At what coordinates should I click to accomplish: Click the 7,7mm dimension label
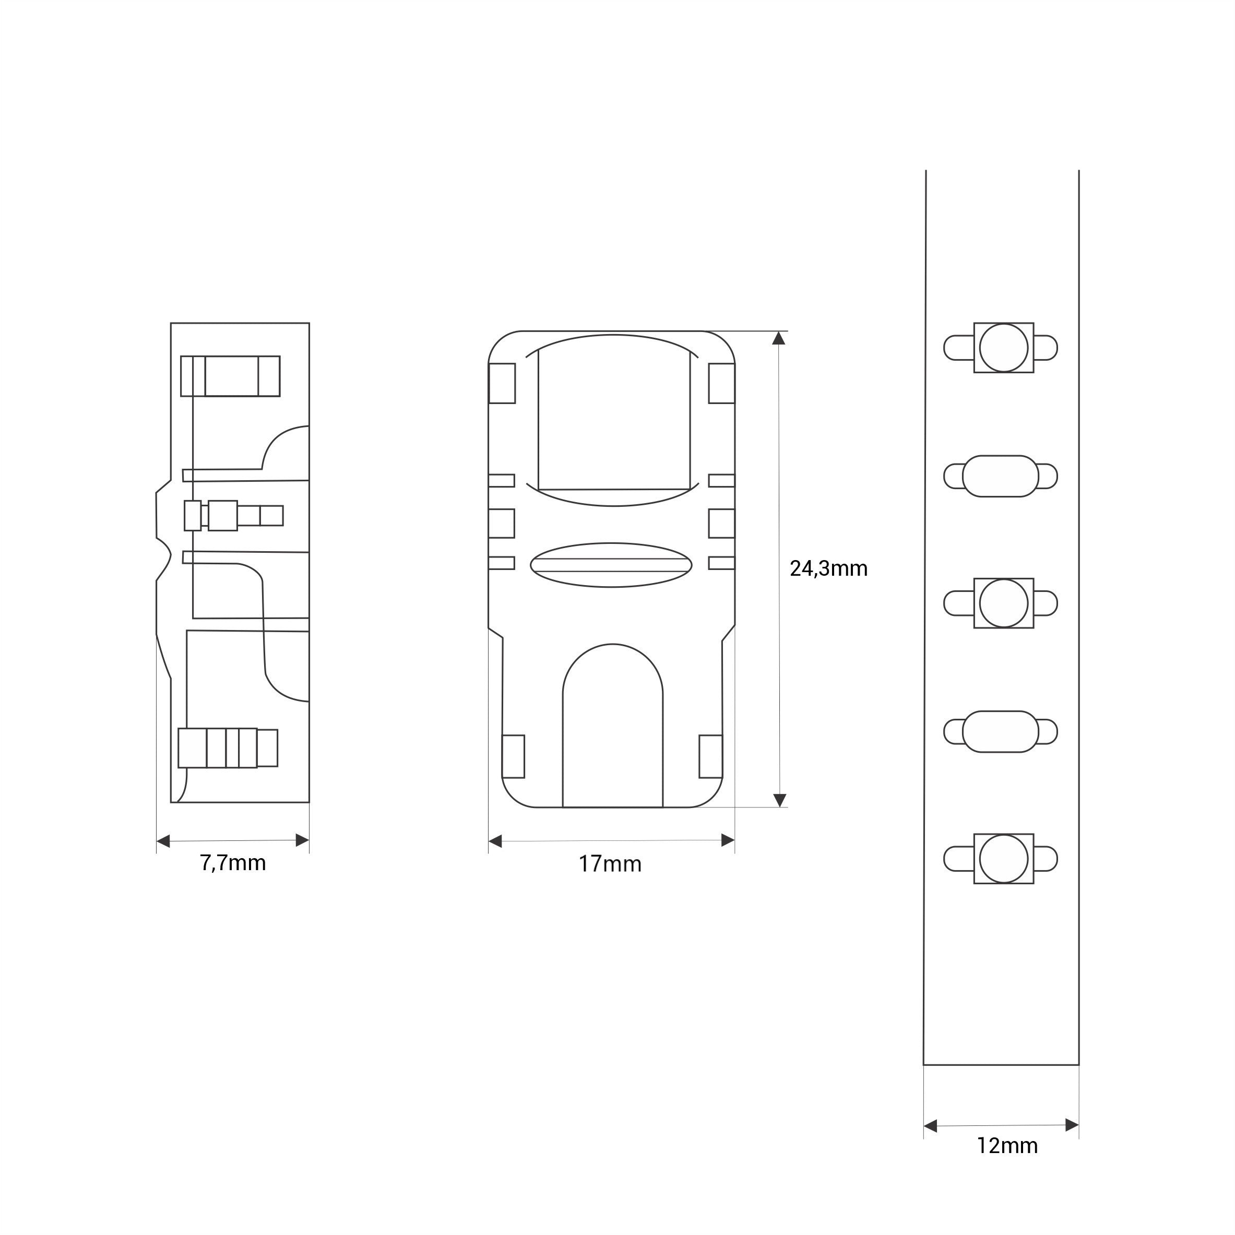(233, 863)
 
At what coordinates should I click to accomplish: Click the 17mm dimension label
(610, 864)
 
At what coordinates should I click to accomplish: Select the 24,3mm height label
(828, 568)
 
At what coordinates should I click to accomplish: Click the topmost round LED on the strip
(1004, 348)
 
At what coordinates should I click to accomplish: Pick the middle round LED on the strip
(1004, 603)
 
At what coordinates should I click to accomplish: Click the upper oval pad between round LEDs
(1001, 476)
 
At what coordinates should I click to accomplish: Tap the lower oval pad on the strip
(1001, 731)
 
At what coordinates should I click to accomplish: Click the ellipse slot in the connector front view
(612, 565)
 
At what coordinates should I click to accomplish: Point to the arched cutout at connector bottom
(612, 729)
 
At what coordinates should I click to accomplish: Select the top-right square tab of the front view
(722, 384)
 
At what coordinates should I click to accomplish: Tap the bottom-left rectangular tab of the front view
(513, 756)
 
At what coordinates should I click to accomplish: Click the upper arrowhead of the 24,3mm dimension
(779, 338)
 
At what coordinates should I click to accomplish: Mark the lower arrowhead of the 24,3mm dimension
(779, 800)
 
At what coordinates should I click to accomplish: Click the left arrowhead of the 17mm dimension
(495, 840)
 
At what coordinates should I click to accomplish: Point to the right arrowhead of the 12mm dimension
(1072, 1125)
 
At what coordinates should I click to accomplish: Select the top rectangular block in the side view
(230, 376)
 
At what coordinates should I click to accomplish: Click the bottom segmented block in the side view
(228, 748)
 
